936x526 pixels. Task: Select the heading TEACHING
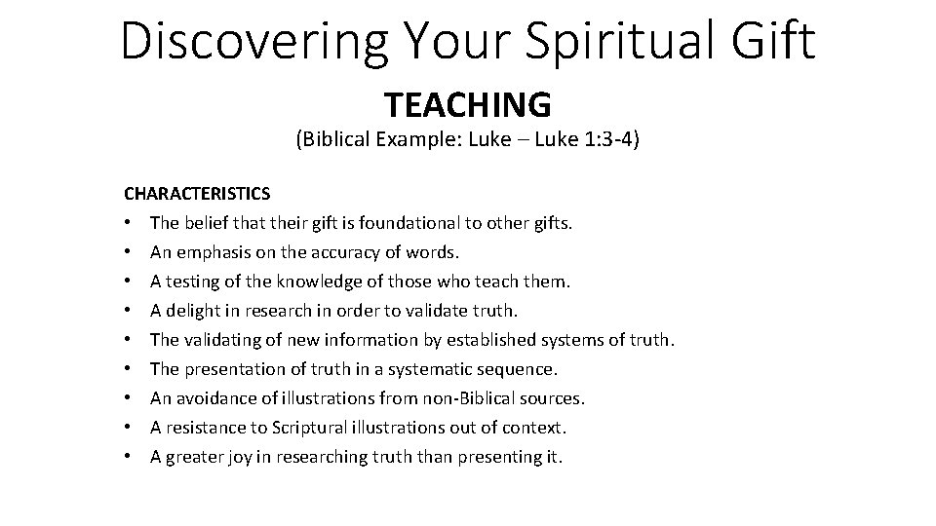click(x=468, y=102)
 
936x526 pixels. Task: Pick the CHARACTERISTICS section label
click(x=197, y=195)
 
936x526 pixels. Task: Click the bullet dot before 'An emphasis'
click(x=129, y=253)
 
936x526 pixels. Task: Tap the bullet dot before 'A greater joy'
click(x=129, y=458)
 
